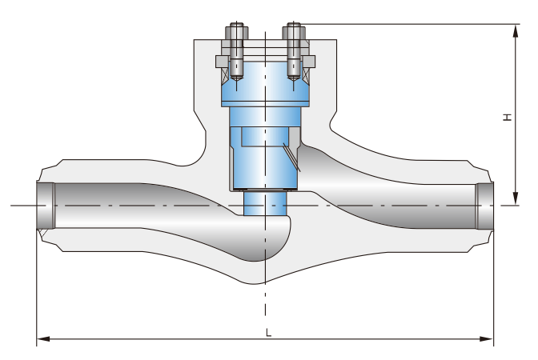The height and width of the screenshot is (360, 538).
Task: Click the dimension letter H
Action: [x=507, y=118]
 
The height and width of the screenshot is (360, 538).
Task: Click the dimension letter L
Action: [x=268, y=332]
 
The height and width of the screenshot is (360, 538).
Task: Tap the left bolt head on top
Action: [x=236, y=32]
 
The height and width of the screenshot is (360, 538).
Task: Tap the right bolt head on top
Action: [x=294, y=32]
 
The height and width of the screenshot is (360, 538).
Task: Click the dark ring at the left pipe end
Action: [x=46, y=206]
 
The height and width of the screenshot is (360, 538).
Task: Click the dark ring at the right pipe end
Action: [x=485, y=206]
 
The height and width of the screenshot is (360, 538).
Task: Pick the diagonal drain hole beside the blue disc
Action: [x=290, y=156]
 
